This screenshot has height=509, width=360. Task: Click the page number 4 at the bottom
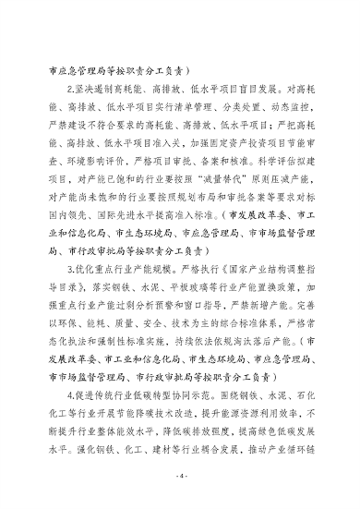181,480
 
